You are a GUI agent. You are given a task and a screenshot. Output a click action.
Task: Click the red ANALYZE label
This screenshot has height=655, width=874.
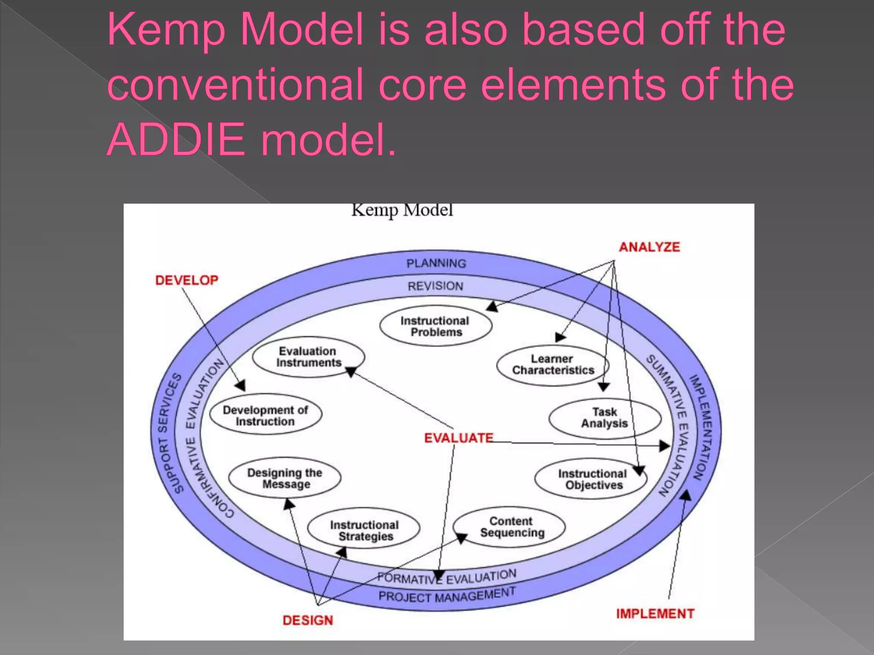pos(649,247)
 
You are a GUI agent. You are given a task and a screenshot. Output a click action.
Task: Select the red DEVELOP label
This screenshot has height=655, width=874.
pos(186,280)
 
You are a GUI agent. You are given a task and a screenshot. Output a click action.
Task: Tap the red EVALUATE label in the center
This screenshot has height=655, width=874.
pos(458,438)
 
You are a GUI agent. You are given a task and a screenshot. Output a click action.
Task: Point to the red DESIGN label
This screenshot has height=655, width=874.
pos(308,620)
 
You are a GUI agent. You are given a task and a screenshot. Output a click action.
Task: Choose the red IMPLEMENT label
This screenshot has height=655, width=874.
pos(655,614)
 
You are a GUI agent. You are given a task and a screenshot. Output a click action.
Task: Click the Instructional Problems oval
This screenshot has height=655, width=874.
pos(435,326)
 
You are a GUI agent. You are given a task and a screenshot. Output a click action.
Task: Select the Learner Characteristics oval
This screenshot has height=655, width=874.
pos(553,365)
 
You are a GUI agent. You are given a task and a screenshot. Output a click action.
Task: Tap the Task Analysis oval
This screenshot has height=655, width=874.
pos(604,418)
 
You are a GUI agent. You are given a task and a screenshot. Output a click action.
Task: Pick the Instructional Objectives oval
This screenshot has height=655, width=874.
pos(591,479)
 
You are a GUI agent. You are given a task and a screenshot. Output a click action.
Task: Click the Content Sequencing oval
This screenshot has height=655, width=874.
pos(510,527)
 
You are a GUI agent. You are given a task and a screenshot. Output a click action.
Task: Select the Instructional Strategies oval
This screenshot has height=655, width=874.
pos(364,530)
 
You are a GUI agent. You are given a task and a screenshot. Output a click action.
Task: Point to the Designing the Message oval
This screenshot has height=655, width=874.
pos(285,478)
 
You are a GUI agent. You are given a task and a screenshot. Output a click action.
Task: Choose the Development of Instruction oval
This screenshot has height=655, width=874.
pos(265,415)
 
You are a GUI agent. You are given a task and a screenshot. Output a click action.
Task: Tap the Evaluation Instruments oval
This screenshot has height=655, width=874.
pos(308,356)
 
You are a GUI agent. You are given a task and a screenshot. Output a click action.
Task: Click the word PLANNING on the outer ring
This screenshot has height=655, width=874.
pos(436,263)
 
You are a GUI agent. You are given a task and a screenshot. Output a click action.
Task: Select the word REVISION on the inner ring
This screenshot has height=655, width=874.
pos(435,286)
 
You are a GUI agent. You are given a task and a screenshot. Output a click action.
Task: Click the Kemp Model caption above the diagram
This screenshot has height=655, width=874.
pos(402,210)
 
